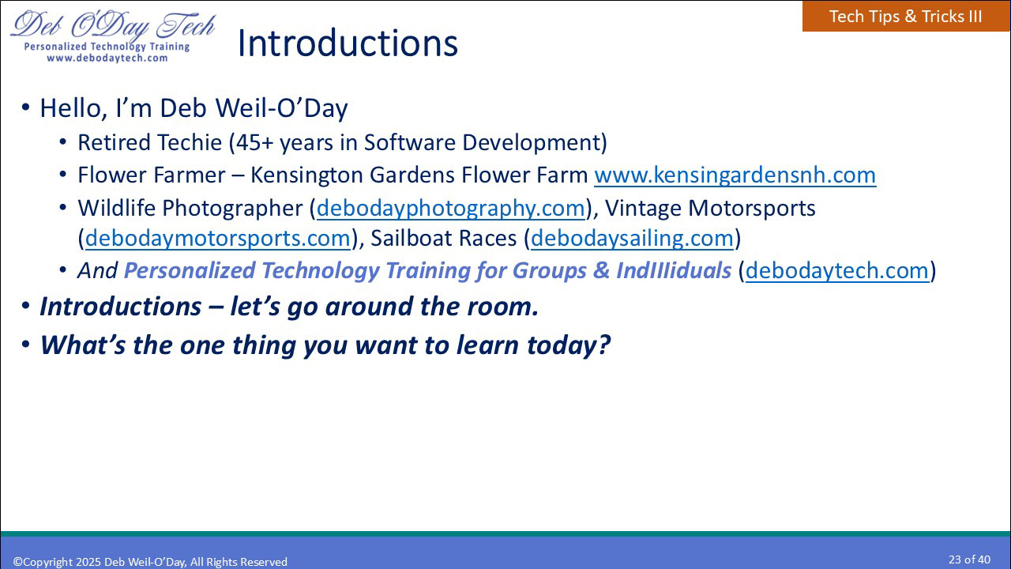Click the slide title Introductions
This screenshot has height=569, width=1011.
click(347, 43)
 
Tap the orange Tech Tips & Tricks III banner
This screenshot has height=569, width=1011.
click(906, 17)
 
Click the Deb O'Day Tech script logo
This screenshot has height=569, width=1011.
click(113, 25)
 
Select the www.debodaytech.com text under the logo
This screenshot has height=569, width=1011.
click(107, 58)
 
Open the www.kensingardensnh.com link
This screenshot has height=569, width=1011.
click(735, 175)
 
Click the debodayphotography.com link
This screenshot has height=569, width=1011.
click(451, 208)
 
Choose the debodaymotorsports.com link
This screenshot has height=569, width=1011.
click(217, 238)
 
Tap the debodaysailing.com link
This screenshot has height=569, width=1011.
click(632, 238)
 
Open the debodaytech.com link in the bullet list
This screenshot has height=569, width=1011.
click(836, 270)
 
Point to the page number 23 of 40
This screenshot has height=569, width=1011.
click(969, 560)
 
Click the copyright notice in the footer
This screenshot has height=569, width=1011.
click(150, 562)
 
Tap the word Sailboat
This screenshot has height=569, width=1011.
click(413, 238)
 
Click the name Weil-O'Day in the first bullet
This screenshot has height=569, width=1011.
click(282, 108)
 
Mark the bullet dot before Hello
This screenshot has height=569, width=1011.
click(26, 107)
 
